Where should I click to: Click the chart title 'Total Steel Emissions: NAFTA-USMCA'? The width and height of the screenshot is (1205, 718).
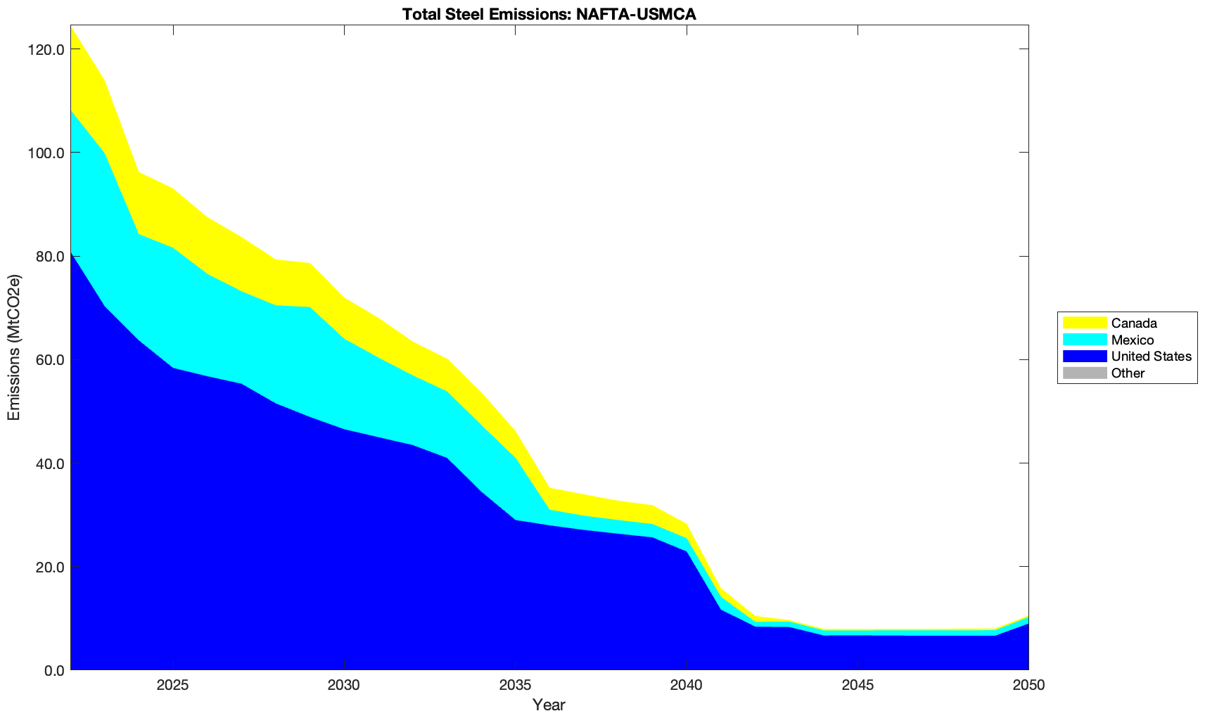click(549, 14)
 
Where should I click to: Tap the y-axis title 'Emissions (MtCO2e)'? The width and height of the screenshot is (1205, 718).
click(14, 347)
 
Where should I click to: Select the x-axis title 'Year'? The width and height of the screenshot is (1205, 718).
click(549, 705)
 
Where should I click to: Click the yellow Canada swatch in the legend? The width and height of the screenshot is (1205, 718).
click(1084, 323)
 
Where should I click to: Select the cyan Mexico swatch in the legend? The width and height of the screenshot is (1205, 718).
click(1084, 340)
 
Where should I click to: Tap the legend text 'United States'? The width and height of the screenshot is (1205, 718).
click(1151, 357)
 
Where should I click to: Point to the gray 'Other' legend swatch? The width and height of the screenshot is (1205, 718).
click(1084, 373)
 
